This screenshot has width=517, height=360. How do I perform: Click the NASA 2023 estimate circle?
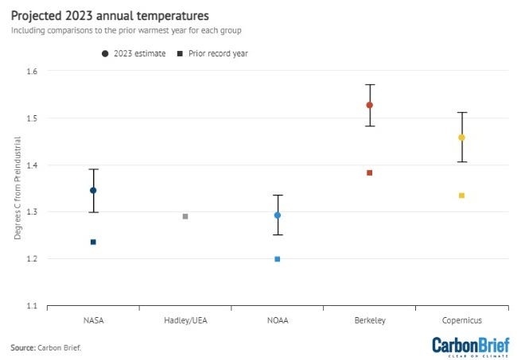[x=93, y=191]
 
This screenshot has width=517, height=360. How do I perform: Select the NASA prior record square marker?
[x=93, y=242]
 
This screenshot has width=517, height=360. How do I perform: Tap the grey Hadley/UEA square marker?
[x=185, y=216]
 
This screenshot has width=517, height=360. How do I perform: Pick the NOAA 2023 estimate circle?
[x=278, y=215]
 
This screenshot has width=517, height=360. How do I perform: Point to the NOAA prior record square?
[x=278, y=259]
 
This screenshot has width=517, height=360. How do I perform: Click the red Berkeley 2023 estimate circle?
[x=370, y=105]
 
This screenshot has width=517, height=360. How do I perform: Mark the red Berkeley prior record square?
[x=370, y=172]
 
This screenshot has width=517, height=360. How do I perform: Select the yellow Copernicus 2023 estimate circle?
[x=461, y=137]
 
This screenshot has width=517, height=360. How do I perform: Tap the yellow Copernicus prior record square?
[x=461, y=195]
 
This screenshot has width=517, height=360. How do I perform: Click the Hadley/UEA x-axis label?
[x=185, y=320]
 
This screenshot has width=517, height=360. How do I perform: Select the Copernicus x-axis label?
[x=461, y=320]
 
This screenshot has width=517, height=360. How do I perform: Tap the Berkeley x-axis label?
[x=370, y=320]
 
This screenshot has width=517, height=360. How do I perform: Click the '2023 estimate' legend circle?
[x=105, y=53]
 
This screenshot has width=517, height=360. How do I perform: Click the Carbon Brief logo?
[x=470, y=346]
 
